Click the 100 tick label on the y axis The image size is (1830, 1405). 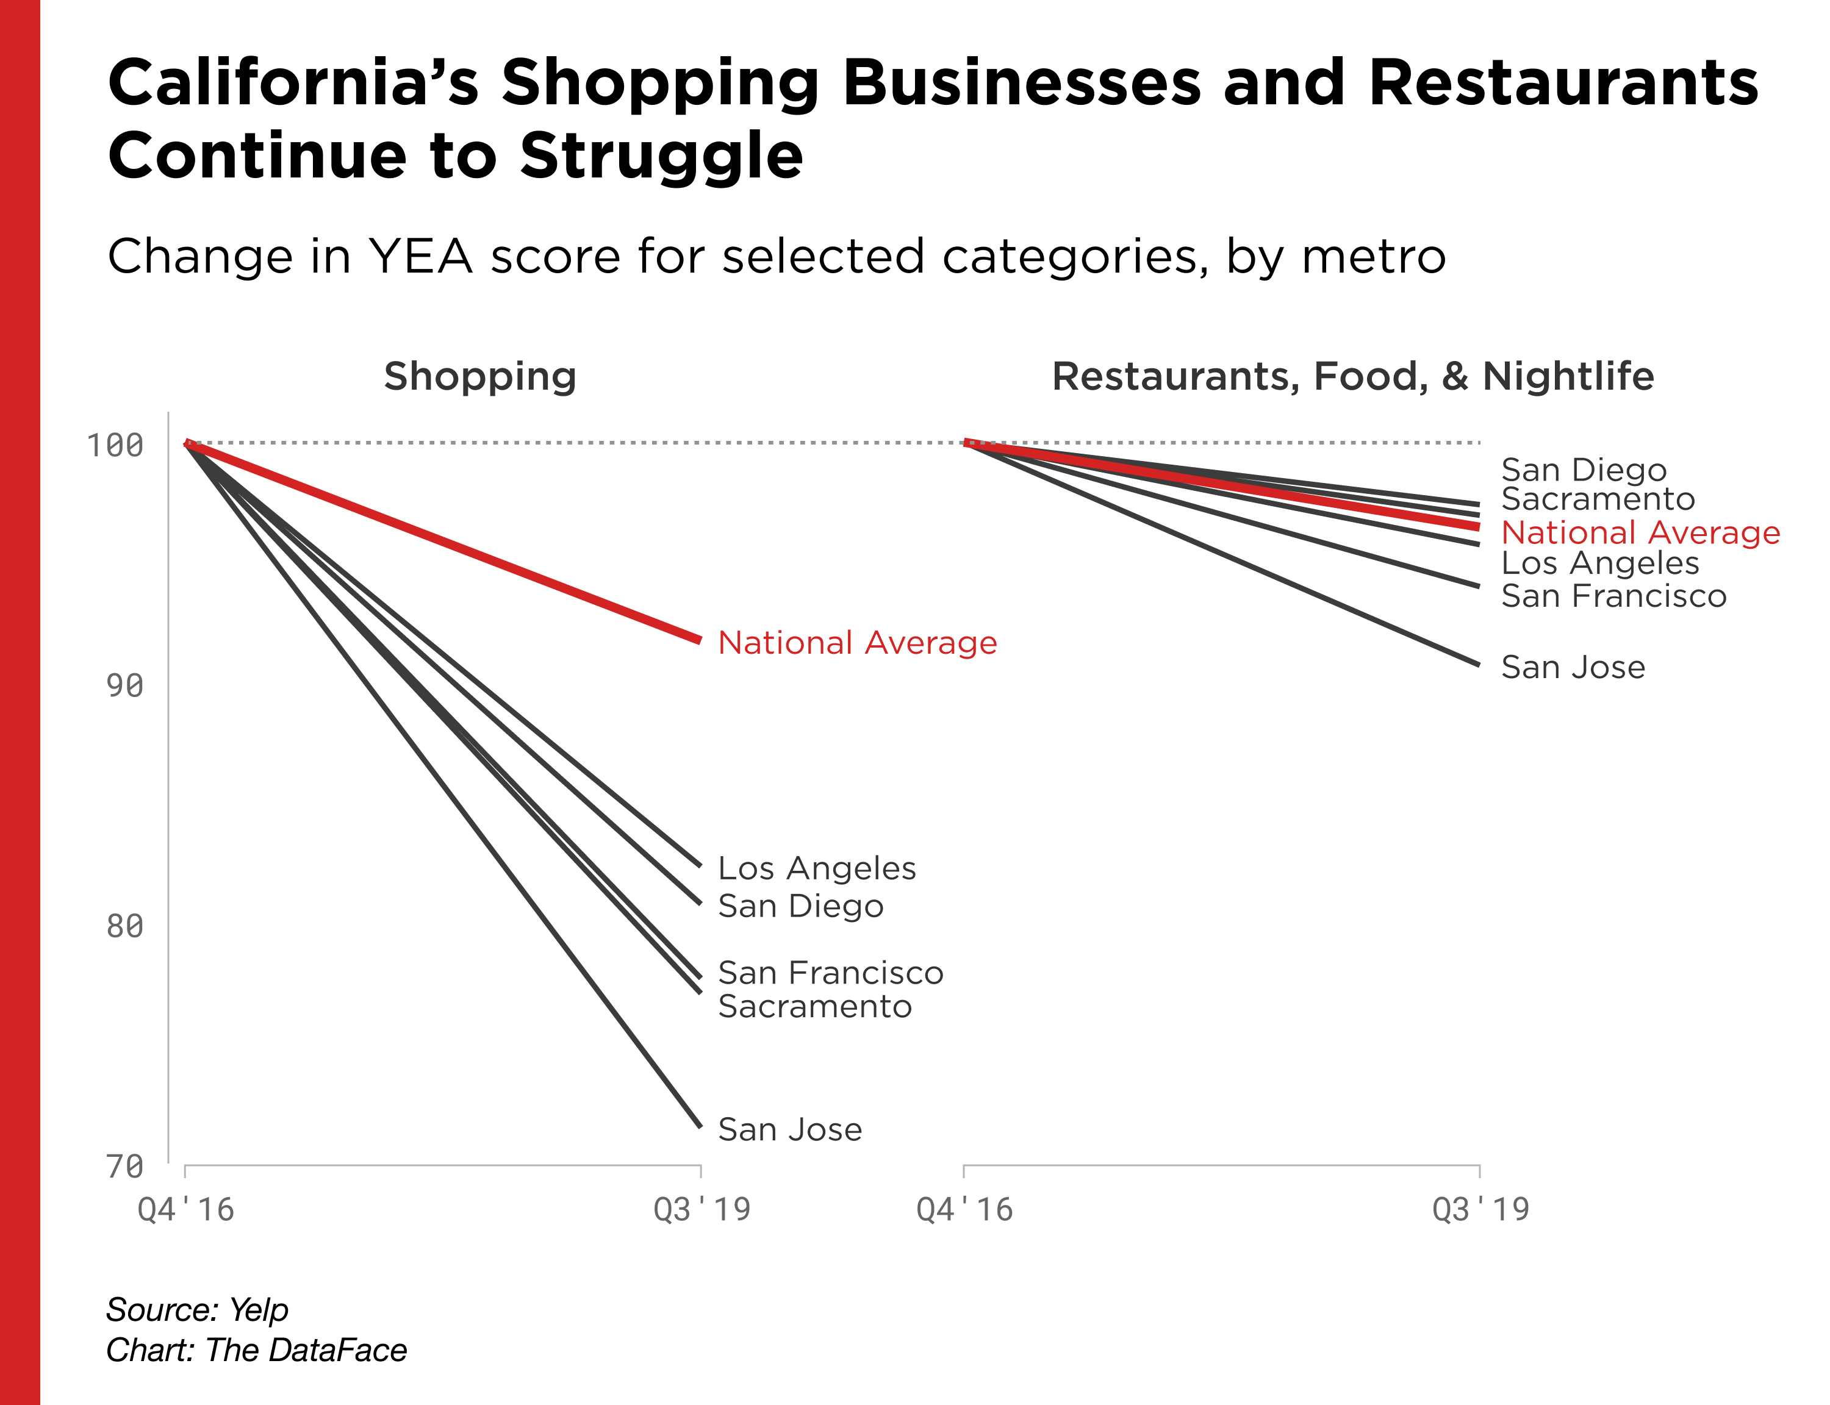point(115,445)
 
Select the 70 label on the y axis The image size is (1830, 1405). point(124,1167)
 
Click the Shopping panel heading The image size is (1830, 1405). point(480,376)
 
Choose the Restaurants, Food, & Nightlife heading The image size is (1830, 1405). point(1352,376)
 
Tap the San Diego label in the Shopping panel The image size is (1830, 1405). point(800,906)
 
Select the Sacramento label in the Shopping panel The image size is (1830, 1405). point(814,1006)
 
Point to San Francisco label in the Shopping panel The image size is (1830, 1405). point(831,973)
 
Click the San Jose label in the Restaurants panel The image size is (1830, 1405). point(1573,667)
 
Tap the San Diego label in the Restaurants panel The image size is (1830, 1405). point(1584,470)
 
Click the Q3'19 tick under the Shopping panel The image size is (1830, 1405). point(701,1209)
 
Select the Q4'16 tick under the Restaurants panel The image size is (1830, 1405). point(964,1209)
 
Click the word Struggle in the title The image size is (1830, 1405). point(661,156)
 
